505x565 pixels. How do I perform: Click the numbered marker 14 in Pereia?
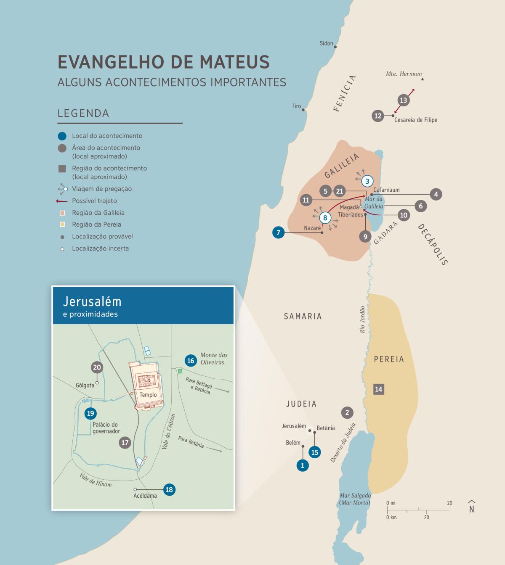pyautogui.click(x=378, y=389)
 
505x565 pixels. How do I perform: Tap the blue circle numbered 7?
pyautogui.click(x=278, y=232)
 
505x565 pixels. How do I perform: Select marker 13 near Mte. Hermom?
pyautogui.click(x=403, y=100)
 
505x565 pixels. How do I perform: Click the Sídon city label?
pyautogui.click(x=326, y=43)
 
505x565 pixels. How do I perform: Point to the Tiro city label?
pyautogui.click(x=296, y=106)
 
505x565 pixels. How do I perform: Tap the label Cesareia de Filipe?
pyautogui.click(x=415, y=120)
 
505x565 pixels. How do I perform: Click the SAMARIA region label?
pyautogui.click(x=303, y=316)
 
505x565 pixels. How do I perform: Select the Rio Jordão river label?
pyautogui.click(x=362, y=319)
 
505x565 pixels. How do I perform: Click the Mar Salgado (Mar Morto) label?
pyautogui.click(x=355, y=499)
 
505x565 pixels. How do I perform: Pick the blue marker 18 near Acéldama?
pyautogui.click(x=169, y=489)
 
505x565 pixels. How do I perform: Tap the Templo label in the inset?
pyautogui.click(x=148, y=395)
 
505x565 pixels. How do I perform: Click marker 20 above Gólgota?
pyautogui.click(x=97, y=367)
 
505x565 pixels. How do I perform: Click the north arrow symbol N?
pyautogui.click(x=472, y=507)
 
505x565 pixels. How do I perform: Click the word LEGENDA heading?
pyautogui.click(x=83, y=113)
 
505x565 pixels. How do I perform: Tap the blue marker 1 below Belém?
pyautogui.click(x=303, y=465)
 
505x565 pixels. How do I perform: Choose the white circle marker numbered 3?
pyautogui.click(x=367, y=181)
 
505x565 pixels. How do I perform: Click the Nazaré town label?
pyautogui.click(x=312, y=228)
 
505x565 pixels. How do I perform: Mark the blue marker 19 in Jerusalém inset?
pyautogui.click(x=90, y=413)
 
